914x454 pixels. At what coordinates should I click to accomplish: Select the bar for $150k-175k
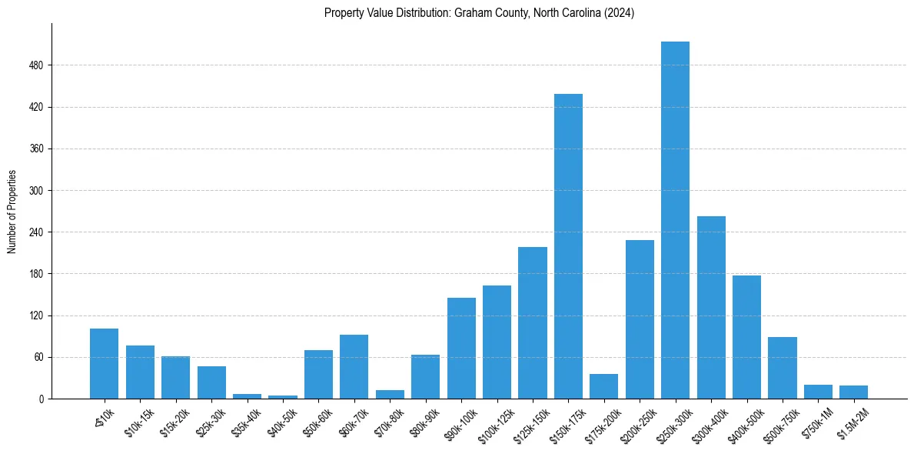coord(568,246)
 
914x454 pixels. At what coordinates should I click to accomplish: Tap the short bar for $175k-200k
coord(603,387)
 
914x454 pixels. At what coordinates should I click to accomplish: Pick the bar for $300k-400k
coord(711,308)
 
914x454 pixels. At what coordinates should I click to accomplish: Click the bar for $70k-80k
coord(390,395)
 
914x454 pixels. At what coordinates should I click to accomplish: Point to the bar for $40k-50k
coord(283,397)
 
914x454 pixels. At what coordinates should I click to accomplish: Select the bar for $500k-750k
coord(782,368)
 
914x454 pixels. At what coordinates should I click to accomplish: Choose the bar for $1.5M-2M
coord(853,392)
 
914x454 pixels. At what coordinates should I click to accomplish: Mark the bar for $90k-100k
coord(461,349)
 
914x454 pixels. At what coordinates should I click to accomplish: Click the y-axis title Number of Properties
coord(12,211)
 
